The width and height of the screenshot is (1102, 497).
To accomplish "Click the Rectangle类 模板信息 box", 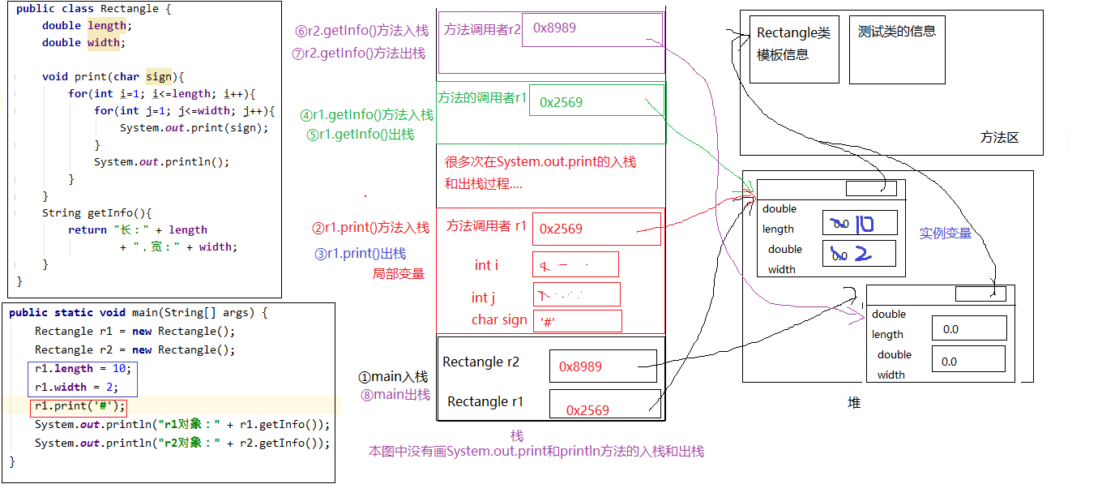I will coord(793,49).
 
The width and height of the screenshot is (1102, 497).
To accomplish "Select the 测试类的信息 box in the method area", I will coord(897,49).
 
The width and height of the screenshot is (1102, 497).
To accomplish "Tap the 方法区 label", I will coord(998,138).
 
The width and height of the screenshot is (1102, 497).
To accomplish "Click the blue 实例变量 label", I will coord(945,234).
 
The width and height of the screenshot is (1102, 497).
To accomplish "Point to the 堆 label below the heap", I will coord(853,403).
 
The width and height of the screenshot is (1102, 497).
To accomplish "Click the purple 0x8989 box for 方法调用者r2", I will coord(592,30).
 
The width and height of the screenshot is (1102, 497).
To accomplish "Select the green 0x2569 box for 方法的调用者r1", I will coord(596,101).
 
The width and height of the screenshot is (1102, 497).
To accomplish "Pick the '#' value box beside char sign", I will coord(577,321).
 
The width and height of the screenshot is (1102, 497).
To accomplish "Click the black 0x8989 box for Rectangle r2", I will coord(602,366).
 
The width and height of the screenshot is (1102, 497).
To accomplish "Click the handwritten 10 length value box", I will coord(860,223).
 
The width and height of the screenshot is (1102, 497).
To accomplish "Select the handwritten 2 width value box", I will coord(858,254).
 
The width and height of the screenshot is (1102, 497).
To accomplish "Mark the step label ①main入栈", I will coord(393,377).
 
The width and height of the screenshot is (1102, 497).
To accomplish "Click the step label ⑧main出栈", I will coord(395,395).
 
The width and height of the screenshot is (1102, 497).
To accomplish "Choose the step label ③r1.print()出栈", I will coord(360,254).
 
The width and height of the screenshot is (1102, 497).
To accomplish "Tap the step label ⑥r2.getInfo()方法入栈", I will coord(361,32).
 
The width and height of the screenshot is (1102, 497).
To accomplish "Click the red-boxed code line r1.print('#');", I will coord(79,406).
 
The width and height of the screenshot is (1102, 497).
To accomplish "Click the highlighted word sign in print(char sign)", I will coord(159,77).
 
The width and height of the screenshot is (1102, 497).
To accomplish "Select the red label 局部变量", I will coord(398,274).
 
